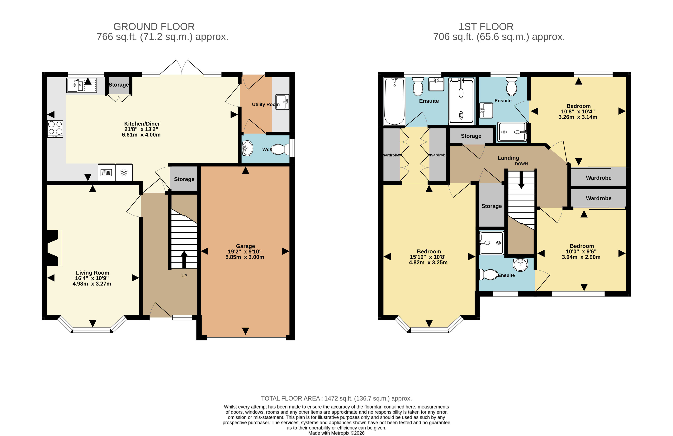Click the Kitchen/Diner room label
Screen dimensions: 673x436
click(x=142, y=124)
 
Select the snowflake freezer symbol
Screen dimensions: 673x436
click(x=124, y=172)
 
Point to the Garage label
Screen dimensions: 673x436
click(x=245, y=246)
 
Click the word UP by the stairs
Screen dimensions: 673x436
click(x=184, y=276)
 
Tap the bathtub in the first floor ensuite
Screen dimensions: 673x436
click(x=394, y=101)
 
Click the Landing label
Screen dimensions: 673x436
click(x=508, y=158)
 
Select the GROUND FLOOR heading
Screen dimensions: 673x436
click(x=154, y=27)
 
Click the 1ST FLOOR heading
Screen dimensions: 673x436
click(x=486, y=27)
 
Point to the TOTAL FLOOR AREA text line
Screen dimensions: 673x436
click(x=336, y=398)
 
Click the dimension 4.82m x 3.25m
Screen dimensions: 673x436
click(x=428, y=262)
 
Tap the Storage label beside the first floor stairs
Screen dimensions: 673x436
click(x=491, y=206)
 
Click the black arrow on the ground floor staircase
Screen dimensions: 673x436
click(x=184, y=259)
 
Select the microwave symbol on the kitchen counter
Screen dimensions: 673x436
click(x=106, y=172)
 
